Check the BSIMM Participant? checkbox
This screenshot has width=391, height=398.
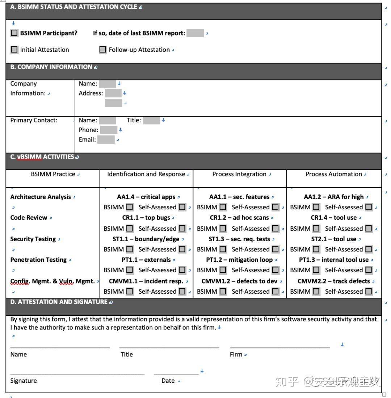pos(14,33)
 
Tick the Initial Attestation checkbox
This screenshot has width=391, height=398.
pos(14,50)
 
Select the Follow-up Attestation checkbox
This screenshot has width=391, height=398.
pos(103,50)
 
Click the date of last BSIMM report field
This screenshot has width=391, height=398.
pos(195,33)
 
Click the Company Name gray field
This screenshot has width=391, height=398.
pos(107,84)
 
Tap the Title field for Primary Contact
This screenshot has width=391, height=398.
pos(151,120)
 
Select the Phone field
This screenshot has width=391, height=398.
pos(109,130)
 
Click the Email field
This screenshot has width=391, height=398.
pos(106,139)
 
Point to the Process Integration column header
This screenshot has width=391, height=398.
pos(239,174)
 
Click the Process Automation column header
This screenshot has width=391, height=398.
pos(333,174)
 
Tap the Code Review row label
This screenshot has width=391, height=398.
pos(29,218)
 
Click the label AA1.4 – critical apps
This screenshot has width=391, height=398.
pos(146,197)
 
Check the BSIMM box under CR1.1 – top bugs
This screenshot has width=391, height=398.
pos(130,229)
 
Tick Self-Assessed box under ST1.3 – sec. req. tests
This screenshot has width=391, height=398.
pos(276,249)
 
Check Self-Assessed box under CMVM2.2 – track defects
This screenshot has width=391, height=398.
pos(369,291)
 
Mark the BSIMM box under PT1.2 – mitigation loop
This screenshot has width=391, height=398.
pos(223,270)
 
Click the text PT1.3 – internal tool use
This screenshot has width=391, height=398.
pos(333,260)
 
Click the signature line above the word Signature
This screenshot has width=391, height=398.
pos(77,373)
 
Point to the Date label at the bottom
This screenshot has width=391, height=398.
pos(168,381)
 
